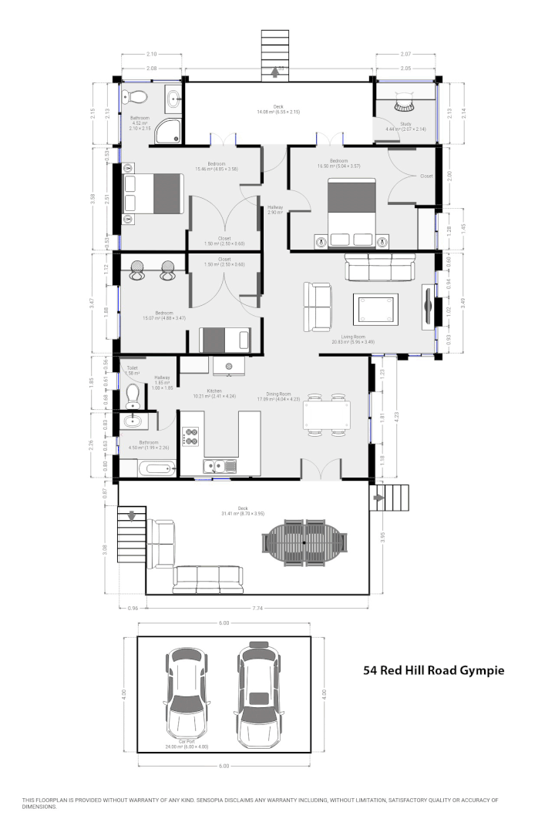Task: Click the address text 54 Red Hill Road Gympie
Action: pyautogui.click(x=434, y=670)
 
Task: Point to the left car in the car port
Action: pyautogui.click(x=186, y=695)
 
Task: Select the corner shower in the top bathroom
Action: pyautogui.click(x=167, y=132)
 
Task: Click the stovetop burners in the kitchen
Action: pyautogui.click(x=190, y=438)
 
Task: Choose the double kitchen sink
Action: pyautogui.click(x=219, y=465)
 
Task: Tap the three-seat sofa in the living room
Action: pyautogui.click(x=378, y=269)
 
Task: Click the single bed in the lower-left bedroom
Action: pyautogui.click(x=225, y=338)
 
